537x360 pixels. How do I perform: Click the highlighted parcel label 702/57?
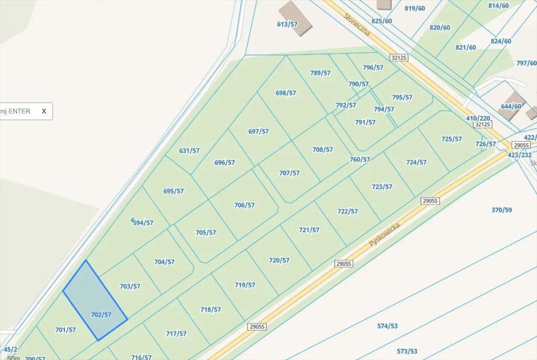[x=101, y=315]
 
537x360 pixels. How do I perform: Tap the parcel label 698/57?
[x=286, y=93]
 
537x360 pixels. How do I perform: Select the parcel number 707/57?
[x=289, y=173]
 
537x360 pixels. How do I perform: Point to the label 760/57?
[x=359, y=159]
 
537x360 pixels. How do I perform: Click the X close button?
[x=44, y=111]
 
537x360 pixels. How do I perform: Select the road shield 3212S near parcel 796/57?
[x=399, y=58]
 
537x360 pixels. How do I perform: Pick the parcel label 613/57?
[x=287, y=24]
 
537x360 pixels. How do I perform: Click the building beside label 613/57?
[x=295, y=18]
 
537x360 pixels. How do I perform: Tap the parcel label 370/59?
[x=501, y=210]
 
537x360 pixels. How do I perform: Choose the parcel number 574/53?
[x=387, y=326]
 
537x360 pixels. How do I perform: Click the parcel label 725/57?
[x=451, y=139]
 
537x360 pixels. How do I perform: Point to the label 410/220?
[x=478, y=118]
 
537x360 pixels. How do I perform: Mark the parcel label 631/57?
[x=189, y=150]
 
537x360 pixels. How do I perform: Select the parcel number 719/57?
[x=245, y=285]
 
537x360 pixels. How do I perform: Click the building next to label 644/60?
[x=512, y=106]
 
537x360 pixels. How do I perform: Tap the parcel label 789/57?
[x=321, y=73]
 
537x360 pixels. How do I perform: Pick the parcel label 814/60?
[x=498, y=6]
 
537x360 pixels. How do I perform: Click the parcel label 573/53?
[x=407, y=351]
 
